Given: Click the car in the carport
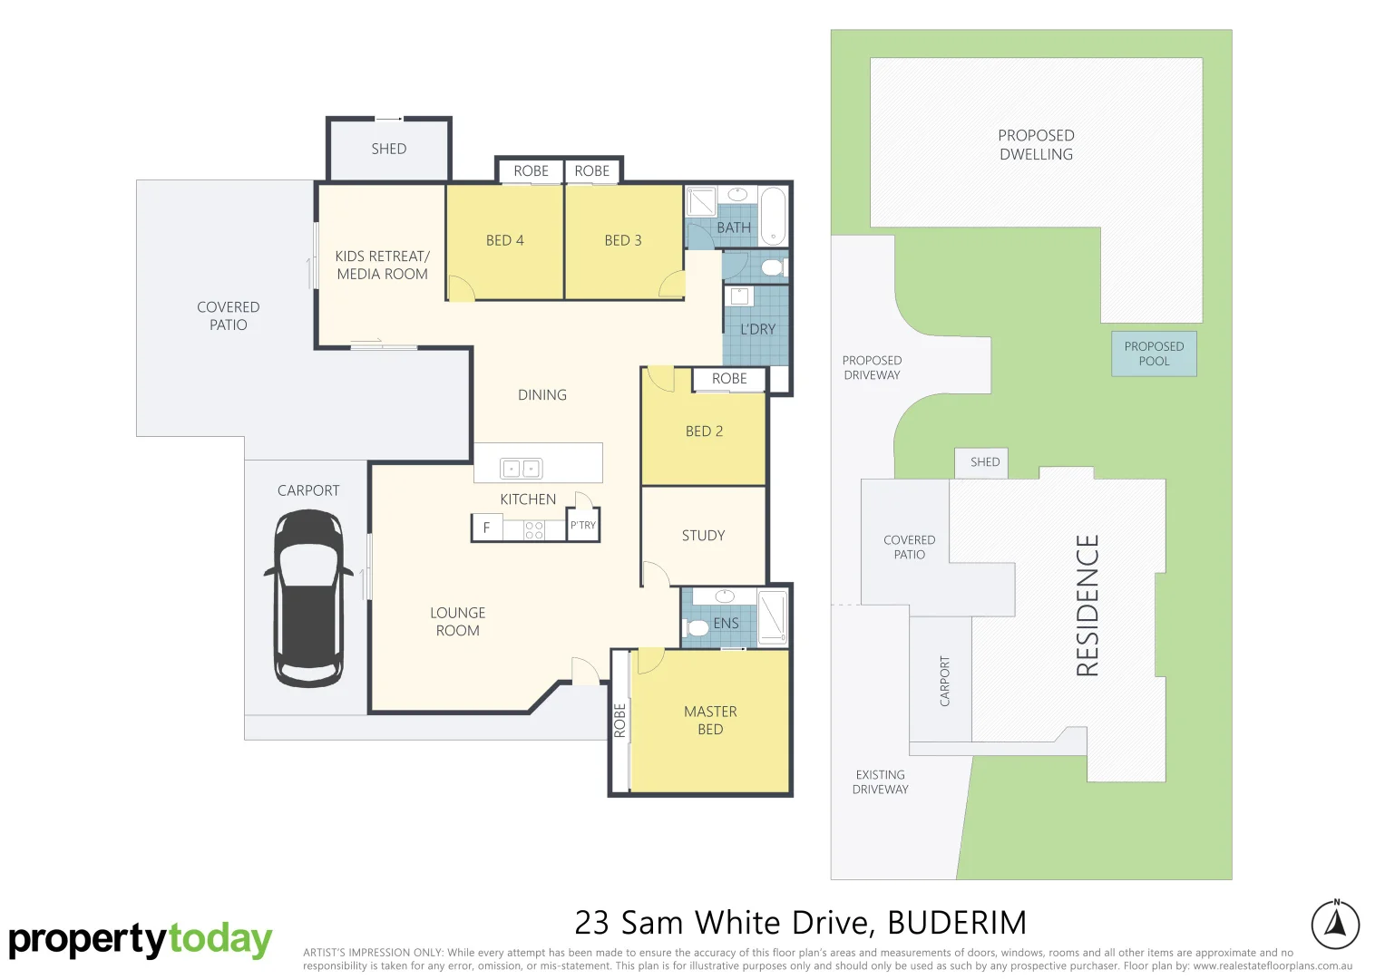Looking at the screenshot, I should click(x=308, y=598).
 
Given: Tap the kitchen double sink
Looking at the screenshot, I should click(x=521, y=469).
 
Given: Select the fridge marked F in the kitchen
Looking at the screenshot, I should click(x=487, y=528).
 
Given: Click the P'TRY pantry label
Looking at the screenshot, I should click(x=583, y=525).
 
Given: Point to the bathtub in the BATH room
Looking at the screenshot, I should click(x=772, y=215).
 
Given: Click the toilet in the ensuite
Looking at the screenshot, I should click(x=697, y=627).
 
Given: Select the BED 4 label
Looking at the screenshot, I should click(x=504, y=240).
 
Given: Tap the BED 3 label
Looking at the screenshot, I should click(x=622, y=240).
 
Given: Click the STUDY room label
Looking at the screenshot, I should click(x=703, y=536).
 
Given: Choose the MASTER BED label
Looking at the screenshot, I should click(x=710, y=721).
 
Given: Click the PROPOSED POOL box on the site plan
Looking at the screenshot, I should click(x=1154, y=354).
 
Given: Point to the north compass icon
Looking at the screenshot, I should click(x=1335, y=924).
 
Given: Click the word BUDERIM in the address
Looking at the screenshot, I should click(x=957, y=923).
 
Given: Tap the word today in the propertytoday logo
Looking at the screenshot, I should click(x=219, y=939).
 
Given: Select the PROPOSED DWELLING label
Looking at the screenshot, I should click(x=1036, y=145).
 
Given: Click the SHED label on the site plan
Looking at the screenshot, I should click(x=984, y=462).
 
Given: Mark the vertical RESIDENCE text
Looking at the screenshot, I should click(x=1088, y=605).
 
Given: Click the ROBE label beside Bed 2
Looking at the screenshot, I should click(x=729, y=379).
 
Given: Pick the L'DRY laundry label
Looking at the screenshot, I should click(x=757, y=329).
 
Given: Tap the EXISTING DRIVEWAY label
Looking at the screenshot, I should click(x=880, y=782).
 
